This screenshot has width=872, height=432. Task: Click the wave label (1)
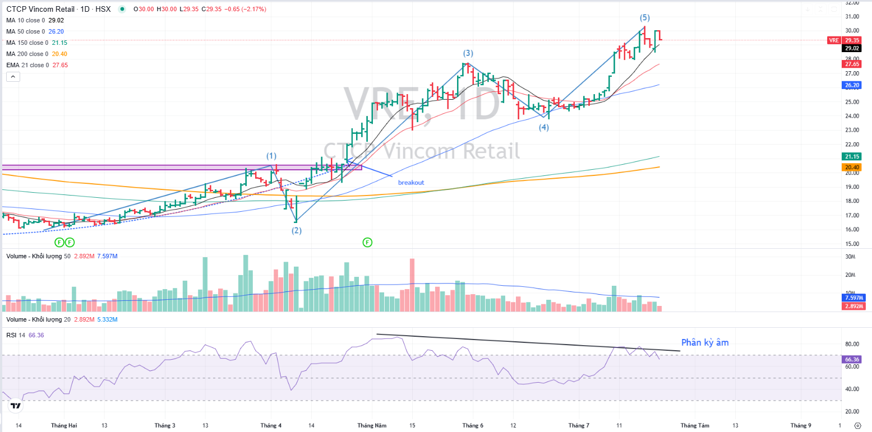pos(271,155)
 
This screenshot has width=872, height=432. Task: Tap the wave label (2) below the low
pos(297,230)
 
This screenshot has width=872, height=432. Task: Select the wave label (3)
pos(468,53)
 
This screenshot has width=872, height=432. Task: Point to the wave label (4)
pos(544,127)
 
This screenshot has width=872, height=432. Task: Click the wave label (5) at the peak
pos(645,18)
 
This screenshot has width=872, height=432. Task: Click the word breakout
pos(411,183)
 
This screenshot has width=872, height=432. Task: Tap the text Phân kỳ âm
pos(705,342)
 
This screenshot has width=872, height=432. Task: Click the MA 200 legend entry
pos(28,54)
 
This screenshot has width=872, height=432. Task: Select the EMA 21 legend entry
pos(28,65)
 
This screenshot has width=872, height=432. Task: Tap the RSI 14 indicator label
pos(16,335)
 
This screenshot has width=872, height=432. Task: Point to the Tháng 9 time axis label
pos(801,425)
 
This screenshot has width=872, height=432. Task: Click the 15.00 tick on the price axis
pos(852,244)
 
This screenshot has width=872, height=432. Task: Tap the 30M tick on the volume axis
pos(850,257)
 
